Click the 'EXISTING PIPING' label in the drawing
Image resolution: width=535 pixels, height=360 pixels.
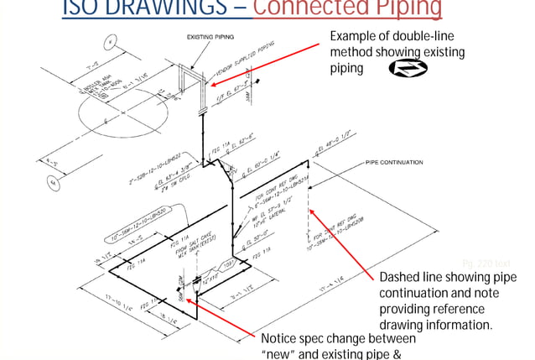(210, 37)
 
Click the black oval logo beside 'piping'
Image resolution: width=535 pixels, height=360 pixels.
(407, 68)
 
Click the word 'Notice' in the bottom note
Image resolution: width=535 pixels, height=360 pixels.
(282, 338)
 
